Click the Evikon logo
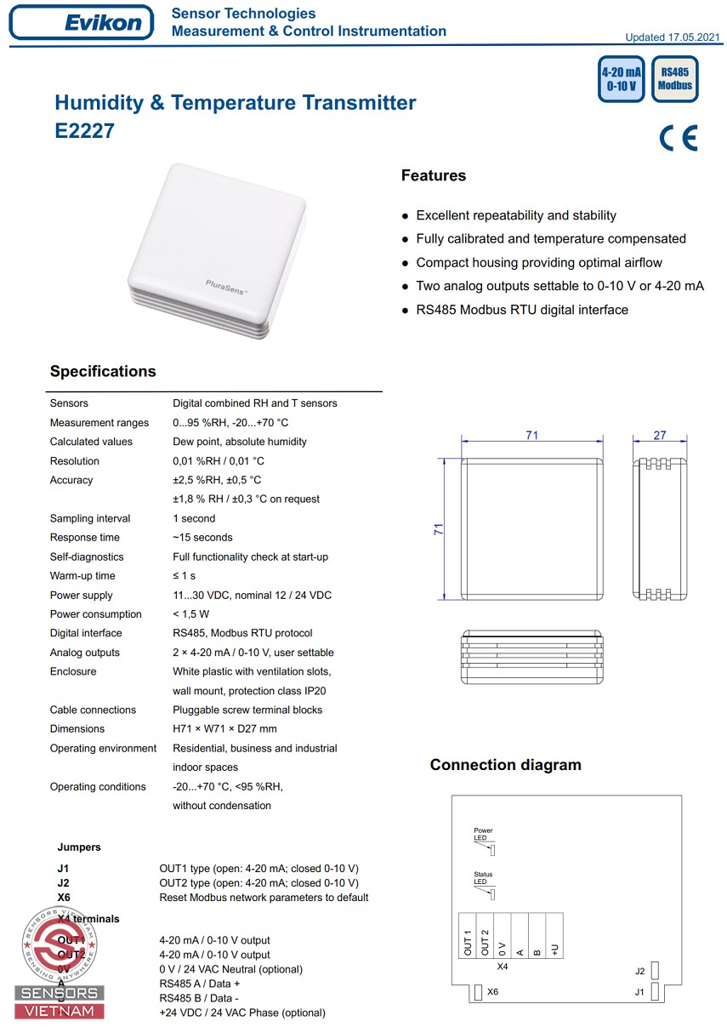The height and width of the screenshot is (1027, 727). coord(82,22)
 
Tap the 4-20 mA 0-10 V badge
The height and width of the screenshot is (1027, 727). coord(621,79)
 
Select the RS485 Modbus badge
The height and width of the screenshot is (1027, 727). coord(675,79)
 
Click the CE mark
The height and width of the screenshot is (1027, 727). coord(678,138)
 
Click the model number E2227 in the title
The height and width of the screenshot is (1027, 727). coord(84,131)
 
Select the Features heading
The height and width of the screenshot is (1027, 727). coord(434,176)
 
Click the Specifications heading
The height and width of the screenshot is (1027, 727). coord(103,372)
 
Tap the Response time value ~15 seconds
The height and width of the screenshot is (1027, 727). coord(202,538)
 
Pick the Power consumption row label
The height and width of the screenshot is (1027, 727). coord(96,614)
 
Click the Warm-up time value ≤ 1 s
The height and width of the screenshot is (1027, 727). coord(184,576)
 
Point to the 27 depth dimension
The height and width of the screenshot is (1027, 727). coord(660,436)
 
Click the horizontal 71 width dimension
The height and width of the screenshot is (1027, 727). coord(531,436)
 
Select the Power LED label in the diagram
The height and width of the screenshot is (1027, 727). coord(483,834)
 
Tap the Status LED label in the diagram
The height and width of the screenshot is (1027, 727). coord(483,878)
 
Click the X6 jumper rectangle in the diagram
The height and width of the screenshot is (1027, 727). coord(478,992)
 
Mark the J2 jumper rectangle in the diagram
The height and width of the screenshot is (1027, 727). coord(656,971)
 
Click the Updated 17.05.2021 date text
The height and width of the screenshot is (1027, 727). coord(673,37)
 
